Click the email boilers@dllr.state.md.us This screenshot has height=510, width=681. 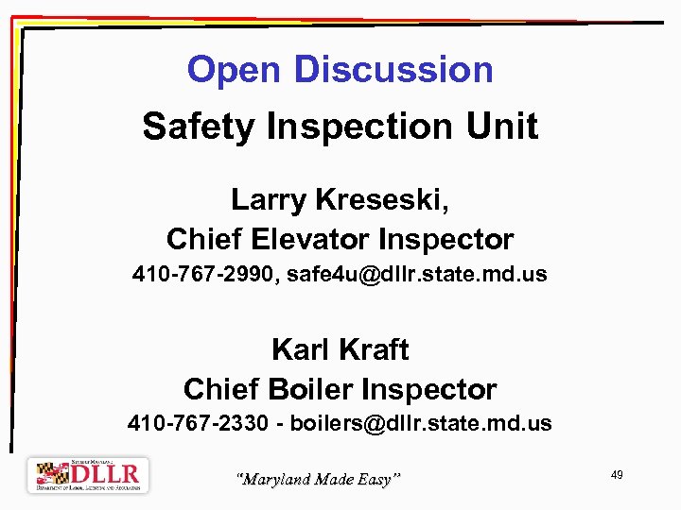[421, 423]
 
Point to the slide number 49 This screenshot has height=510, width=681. [617, 475]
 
